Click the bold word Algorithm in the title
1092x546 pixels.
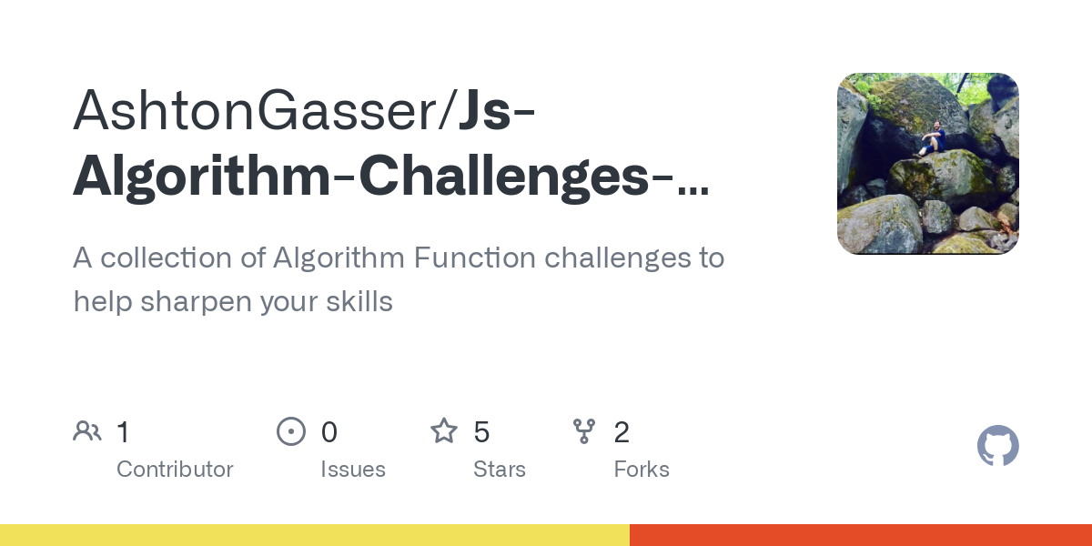pyautogui.click(x=200, y=176)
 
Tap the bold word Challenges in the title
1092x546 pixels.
pyautogui.click(x=502, y=176)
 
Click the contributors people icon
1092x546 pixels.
pyautogui.click(x=87, y=431)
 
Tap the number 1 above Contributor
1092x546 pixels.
pyautogui.click(x=124, y=432)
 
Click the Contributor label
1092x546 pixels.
pyautogui.click(x=175, y=470)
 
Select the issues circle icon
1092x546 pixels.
pyautogui.click(x=291, y=431)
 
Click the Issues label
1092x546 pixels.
pyautogui.click(x=353, y=470)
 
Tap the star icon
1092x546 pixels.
pyautogui.click(x=444, y=431)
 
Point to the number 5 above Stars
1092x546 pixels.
pyautogui.click(x=482, y=432)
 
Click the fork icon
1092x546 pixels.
pyautogui.click(x=584, y=431)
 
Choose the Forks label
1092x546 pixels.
pyautogui.click(x=642, y=470)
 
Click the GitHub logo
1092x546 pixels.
pyautogui.click(x=997, y=446)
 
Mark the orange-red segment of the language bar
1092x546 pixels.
pyautogui.click(x=860, y=535)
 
